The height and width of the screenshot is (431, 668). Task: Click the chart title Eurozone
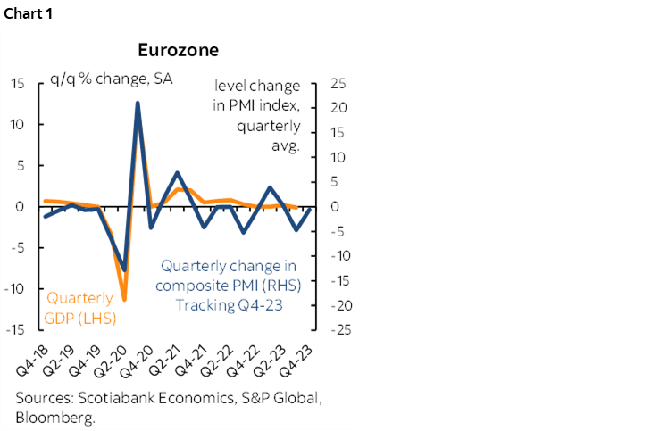(179, 50)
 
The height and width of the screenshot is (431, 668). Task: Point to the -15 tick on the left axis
(17, 329)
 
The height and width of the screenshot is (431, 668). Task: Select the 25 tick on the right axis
(338, 84)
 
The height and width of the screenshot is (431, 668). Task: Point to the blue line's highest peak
(138, 103)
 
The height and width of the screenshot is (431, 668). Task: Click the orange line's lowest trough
(124, 300)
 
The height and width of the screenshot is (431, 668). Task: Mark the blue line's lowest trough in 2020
(124, 269)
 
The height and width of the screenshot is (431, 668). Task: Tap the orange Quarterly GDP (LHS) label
(79, 307)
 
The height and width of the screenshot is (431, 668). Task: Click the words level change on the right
(256, 86)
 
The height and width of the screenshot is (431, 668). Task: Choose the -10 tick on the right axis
(336, 255)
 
